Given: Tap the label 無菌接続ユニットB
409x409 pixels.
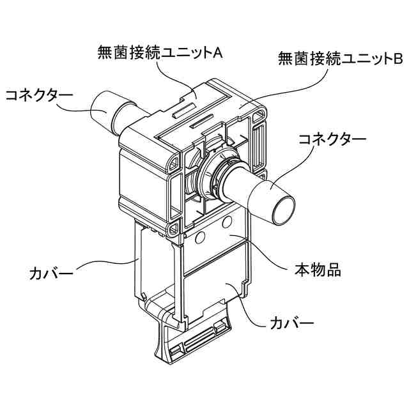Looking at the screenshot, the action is click(340, 60).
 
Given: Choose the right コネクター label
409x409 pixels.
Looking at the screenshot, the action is click(333, 138).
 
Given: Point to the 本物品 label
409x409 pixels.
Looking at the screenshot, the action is click(318, 268).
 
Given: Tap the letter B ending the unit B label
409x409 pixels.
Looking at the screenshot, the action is click(397, 60).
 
